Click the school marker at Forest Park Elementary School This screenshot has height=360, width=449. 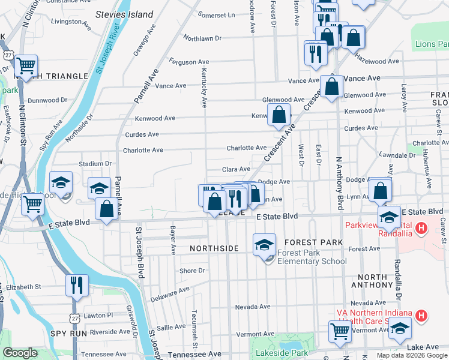264,245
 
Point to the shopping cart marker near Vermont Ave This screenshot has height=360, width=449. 340,331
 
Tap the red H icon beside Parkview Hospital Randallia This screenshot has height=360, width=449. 421,228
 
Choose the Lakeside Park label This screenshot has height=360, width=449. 281,353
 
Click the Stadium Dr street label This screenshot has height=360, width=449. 95,163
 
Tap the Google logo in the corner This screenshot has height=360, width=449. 20,353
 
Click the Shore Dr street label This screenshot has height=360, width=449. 192,271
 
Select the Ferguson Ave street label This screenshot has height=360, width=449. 188,61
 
